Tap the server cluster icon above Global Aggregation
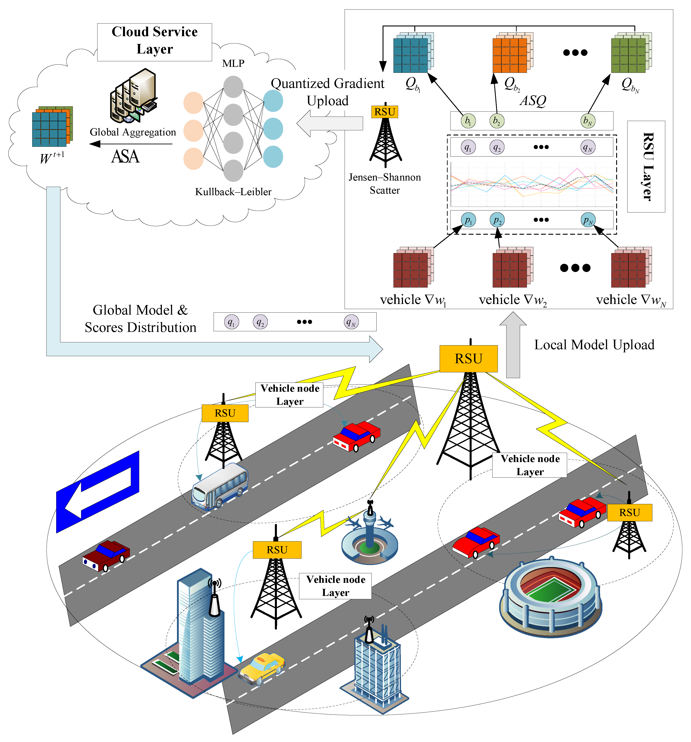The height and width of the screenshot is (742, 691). [133, 97]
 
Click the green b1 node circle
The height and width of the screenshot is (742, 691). [468, 121]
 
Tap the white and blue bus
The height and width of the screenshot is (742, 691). [220, 486]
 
